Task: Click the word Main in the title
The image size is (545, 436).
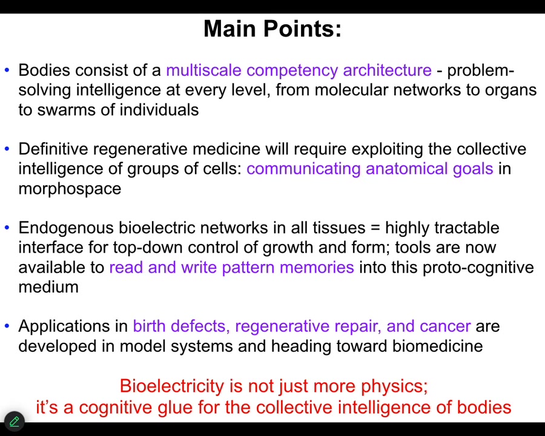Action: coord(230,28)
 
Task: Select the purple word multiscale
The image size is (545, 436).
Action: coord(203,70)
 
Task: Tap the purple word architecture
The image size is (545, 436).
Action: coord(387,70)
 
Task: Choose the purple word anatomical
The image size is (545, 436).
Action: coord(407,168)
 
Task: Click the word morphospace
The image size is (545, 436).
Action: coord(70,189)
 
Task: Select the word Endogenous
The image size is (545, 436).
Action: coord(66,228)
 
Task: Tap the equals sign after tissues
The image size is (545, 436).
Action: coord(375,228)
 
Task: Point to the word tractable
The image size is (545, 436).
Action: coord(467,228)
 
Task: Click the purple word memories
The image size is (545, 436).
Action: coord(317,268)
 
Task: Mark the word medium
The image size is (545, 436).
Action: coord(48,287)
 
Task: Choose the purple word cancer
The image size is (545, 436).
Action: coord(445,326)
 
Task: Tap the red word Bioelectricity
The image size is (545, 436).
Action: coord(172,386)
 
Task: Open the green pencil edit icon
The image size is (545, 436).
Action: coord(15,421)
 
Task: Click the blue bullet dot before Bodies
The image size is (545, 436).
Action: coord(7,70)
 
